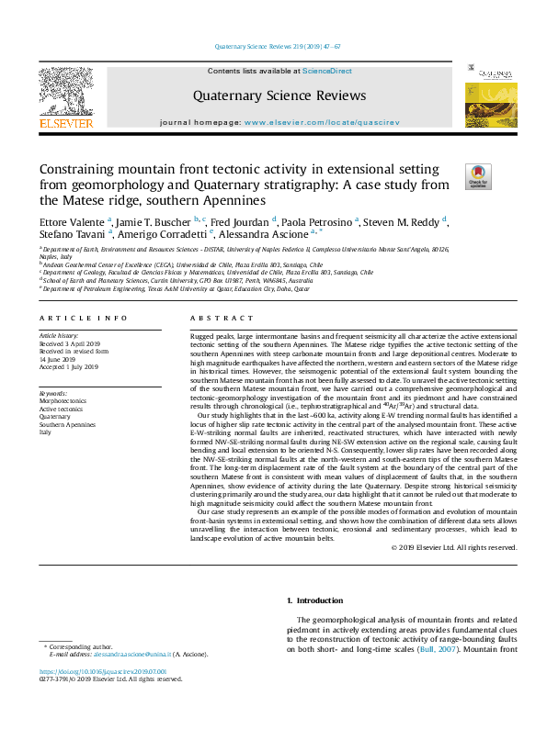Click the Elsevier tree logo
pos(65,94)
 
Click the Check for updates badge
pos(478,176)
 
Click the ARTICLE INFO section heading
pos(82,318)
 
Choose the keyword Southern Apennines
pos(66,424)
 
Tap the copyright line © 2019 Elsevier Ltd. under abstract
pos(454,549)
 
